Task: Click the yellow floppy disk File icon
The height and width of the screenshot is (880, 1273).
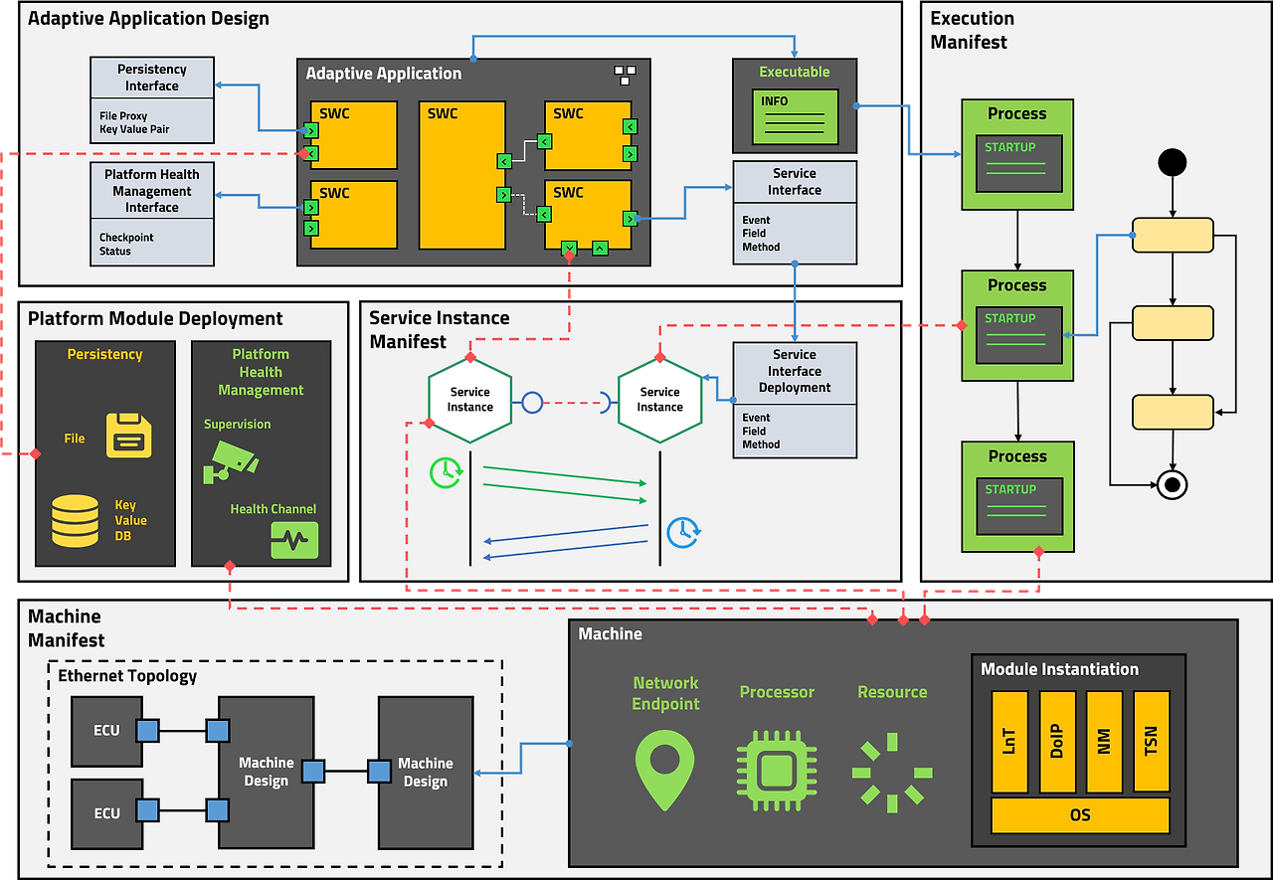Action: tap(129, 436)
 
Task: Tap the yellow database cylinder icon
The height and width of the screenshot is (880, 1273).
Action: tap(75, 521)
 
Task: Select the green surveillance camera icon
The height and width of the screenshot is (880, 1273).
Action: tap(230, 462)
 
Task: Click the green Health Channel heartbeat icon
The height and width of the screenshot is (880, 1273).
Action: tap(294, 540)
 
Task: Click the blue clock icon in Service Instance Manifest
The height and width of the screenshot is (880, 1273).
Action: tap(683, 532)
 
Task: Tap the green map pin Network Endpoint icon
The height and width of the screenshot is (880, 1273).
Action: tap(665, 770)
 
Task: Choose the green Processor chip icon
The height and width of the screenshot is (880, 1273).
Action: tap(777, 771)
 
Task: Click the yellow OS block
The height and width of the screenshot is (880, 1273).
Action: tap(1080, 815)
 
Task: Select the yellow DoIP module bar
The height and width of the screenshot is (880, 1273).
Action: tap(1057, 742)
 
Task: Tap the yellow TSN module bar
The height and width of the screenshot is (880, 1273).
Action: tap(1152, 742)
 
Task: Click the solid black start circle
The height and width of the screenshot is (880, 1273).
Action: tap(1173, 162)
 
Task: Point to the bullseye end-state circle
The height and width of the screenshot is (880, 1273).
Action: tap(1173, 485)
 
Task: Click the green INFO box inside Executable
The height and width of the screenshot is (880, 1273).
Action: tap(795, 116)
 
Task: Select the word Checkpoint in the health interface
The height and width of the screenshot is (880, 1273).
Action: tap(126, 238)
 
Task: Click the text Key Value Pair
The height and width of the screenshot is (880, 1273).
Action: tap(134, 129)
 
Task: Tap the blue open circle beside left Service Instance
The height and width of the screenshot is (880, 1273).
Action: tap(532, 403)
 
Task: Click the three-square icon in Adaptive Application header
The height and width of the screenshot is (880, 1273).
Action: tap(626, 75)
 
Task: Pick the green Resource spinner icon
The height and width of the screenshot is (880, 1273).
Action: tap(892, 773)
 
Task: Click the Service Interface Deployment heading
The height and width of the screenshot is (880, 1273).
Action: tap(795, 371)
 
